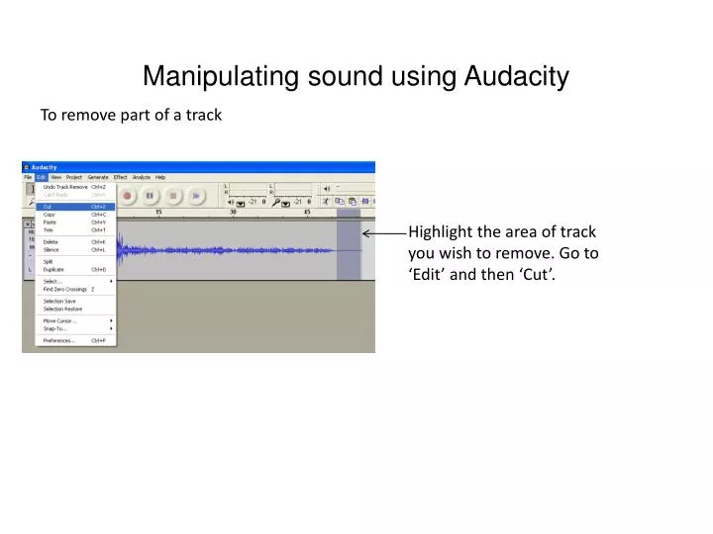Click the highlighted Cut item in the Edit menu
pyautogui.click(x=50, y=207)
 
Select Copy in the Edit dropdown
pyautogui.click(x=50, y=215)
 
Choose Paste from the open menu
pyautogui.click(x=50, y=222)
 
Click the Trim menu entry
pyautogui.click(x=49, y=230)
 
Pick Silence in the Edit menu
pyautogui.click(x=51, y=249)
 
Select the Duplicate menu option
pyautogui.click(x=53, y=269)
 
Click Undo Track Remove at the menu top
pyautogui.click(x=65, y=186)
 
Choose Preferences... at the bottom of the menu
pyautogui.click(x=58, y=340)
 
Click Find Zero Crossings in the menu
pyautogui.click(x=65, y=289)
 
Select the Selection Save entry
pyautogui.click(x=59, y=301)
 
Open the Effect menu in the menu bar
pyautogui.click(x=121, y=177)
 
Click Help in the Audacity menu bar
pyautogui.click(x=160, y=177)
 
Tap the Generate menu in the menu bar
pyautogui.click(x=98, y=177)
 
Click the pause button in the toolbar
pyautogui.click(x=150, y=196)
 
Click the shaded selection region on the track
pyautogui.click(x=349, y=251)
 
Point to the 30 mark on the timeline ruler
pyautogui.click(x=233, y=212)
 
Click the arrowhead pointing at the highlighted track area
pyautogui.click(x=365, y=233)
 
